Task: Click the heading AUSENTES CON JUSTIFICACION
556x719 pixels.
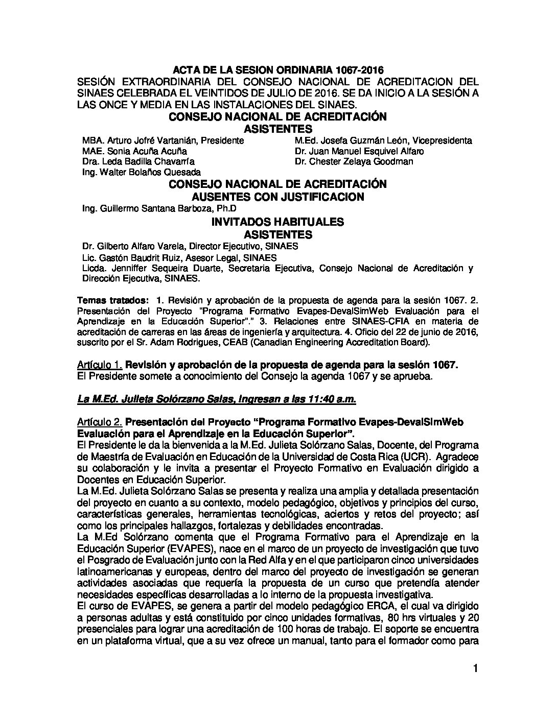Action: [x=277, y=197]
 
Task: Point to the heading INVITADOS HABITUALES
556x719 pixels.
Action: [x=277, y=222]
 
